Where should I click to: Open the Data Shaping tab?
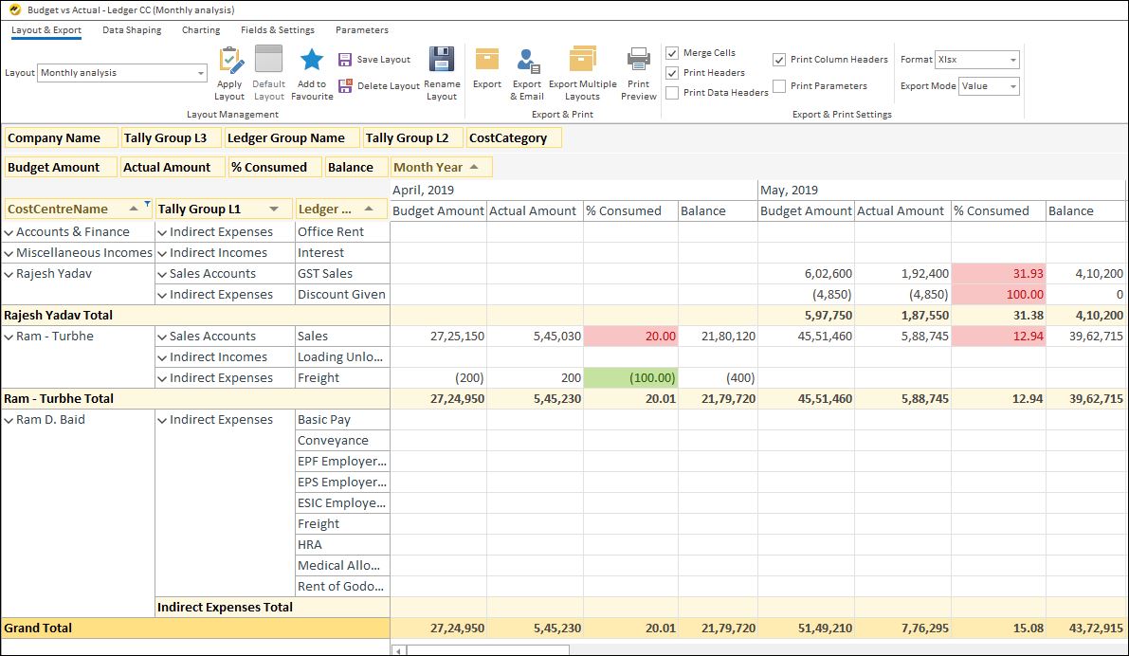(x=132, y=30)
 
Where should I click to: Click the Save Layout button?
(x=374, y=60)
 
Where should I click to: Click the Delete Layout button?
(x=379, y=86)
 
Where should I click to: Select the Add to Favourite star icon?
(x=312, y=61)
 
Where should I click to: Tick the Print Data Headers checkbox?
(x=672, y=93)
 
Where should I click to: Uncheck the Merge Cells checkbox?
(x=672, y=53)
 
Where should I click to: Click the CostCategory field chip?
(x=514, y=138)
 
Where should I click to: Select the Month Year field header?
(x=442, y=168)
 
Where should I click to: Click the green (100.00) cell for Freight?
(x=630, y=378)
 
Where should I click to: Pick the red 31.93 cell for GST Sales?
(x=998, y=274)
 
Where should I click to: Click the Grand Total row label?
(x=38, y=629)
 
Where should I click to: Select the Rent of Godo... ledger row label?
(x=341, y=587)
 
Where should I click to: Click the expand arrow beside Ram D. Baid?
(x=9, y=420)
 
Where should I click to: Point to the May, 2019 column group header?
(x=790, y=191)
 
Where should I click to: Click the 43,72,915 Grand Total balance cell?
(x=1085, y=629)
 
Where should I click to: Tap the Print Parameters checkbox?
(x=779, y=86)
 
